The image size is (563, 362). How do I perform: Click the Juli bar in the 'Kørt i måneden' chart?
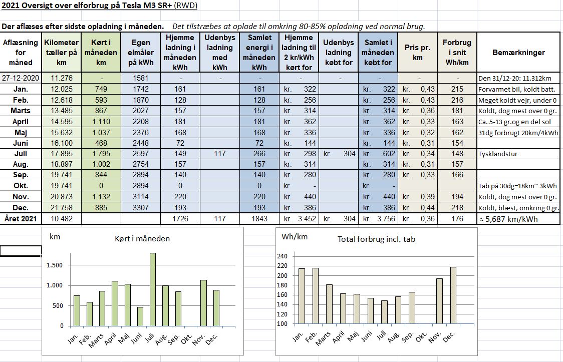[x=153, y=289]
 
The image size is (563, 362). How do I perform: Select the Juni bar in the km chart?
[x=140, y=317]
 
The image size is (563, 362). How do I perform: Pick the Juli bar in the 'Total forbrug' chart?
[x=384, y=312]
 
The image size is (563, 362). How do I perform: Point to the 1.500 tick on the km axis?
[x=55, y=265]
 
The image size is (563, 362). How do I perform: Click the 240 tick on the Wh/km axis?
[x=283, y=256]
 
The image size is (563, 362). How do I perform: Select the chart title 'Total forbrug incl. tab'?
[x=376, y=239]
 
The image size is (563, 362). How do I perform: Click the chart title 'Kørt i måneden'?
[x=142, y=239]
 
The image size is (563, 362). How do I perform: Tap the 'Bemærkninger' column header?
[x=518, y=53]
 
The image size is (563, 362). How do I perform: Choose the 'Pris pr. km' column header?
[x=417, y=53]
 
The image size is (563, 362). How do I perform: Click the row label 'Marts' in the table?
[x=21, y=111]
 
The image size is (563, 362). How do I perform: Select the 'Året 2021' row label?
[x=21, y=218]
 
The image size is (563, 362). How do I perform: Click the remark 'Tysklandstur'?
[x=498, y=154]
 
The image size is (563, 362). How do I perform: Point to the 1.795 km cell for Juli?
[x=101, y=154]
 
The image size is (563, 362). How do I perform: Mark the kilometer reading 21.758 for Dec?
[x=62, y=207]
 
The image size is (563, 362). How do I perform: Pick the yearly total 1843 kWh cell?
[x=259, y=218]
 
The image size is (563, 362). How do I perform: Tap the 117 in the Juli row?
[x=219, y=154]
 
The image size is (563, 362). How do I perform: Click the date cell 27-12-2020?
[x=21, y=78]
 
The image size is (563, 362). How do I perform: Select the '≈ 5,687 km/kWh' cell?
[x=509, y=219]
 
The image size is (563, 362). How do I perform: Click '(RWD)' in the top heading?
[x=185, y=6]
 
